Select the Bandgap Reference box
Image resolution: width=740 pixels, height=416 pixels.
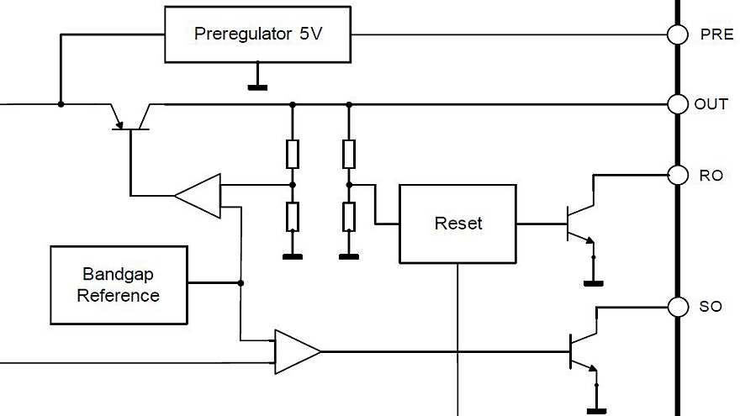coord(119,286)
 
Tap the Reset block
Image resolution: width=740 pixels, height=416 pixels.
coord(457,224)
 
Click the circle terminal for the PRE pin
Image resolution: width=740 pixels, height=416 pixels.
coord(677,34)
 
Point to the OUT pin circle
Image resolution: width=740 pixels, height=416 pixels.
coord(677,104)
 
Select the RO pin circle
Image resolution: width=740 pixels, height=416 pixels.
coord(677,175)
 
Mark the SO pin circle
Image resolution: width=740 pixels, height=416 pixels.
coord(677,306)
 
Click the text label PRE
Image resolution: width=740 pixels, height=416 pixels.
coord(716,35)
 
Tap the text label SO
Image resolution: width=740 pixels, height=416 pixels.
coord(711,307)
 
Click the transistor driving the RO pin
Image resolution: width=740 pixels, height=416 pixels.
coord(579,224)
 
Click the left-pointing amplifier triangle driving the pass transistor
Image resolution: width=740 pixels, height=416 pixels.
coord(199,196)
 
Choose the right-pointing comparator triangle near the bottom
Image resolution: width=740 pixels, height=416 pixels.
coord(297,350)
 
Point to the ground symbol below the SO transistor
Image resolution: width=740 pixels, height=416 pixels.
coord(596,411)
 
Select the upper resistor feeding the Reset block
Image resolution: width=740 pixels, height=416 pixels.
coord(349,154)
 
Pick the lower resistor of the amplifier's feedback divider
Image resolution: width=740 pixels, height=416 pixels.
coord(292,216)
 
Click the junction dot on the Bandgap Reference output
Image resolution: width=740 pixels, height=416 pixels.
coord(240,283)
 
